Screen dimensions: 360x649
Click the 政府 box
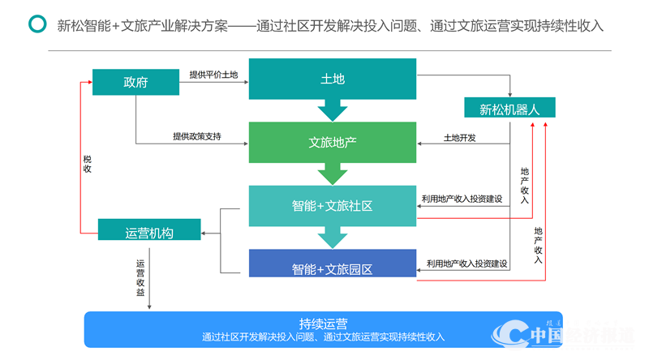[135, 82]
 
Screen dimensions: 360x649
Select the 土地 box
[333, 79]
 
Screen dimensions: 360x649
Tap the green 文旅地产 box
[333, 142]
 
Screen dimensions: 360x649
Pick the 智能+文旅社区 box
[333, 206]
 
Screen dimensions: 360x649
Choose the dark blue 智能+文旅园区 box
[333, 268]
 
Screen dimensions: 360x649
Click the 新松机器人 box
[509, 108]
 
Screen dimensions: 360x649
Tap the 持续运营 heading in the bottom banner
[323, 323]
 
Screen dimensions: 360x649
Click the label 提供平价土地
[213, 75]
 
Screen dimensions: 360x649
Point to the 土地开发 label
[460, 137]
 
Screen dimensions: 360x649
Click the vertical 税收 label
[87, 164]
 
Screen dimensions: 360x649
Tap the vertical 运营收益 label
[140, 277]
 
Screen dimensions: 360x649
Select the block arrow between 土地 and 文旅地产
[333, 110]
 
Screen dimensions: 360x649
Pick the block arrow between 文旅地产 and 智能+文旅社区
[333, 174]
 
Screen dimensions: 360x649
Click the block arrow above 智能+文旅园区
[333, 238]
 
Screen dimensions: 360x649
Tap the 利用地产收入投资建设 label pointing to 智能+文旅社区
[462, 199]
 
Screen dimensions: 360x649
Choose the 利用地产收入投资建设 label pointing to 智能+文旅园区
[467, 264]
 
